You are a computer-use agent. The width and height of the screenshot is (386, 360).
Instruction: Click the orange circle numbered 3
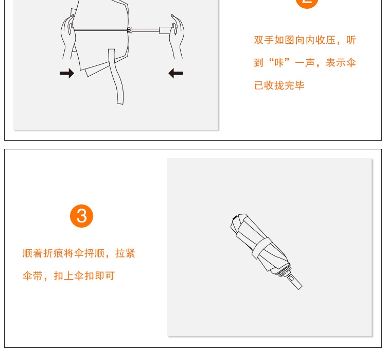pos(81,216)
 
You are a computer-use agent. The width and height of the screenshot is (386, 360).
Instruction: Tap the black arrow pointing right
pos(67,73)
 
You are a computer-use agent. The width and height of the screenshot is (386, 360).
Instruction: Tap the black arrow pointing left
pos(176,73)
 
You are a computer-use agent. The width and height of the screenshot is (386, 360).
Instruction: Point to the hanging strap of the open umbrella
pos(116,76)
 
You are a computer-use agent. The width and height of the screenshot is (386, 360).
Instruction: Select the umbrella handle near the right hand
pos(165,30)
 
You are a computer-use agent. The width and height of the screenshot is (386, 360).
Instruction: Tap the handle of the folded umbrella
pos(295,282)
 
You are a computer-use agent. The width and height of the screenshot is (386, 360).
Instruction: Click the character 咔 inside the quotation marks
pos(279,62)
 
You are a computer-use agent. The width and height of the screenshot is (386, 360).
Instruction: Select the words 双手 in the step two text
pos(264,40)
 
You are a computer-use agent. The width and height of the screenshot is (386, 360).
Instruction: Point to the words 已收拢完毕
pos(279,85)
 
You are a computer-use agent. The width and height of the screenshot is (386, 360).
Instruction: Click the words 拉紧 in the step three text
pos(125,253)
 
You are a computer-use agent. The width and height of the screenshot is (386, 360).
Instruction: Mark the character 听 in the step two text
pos(351,40)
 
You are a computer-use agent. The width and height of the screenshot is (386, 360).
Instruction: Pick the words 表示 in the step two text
pos(336,62)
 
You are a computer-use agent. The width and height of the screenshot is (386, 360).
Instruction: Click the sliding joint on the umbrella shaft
pos(130,30)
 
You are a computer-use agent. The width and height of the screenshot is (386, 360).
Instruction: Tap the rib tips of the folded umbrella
pos(284,271)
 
